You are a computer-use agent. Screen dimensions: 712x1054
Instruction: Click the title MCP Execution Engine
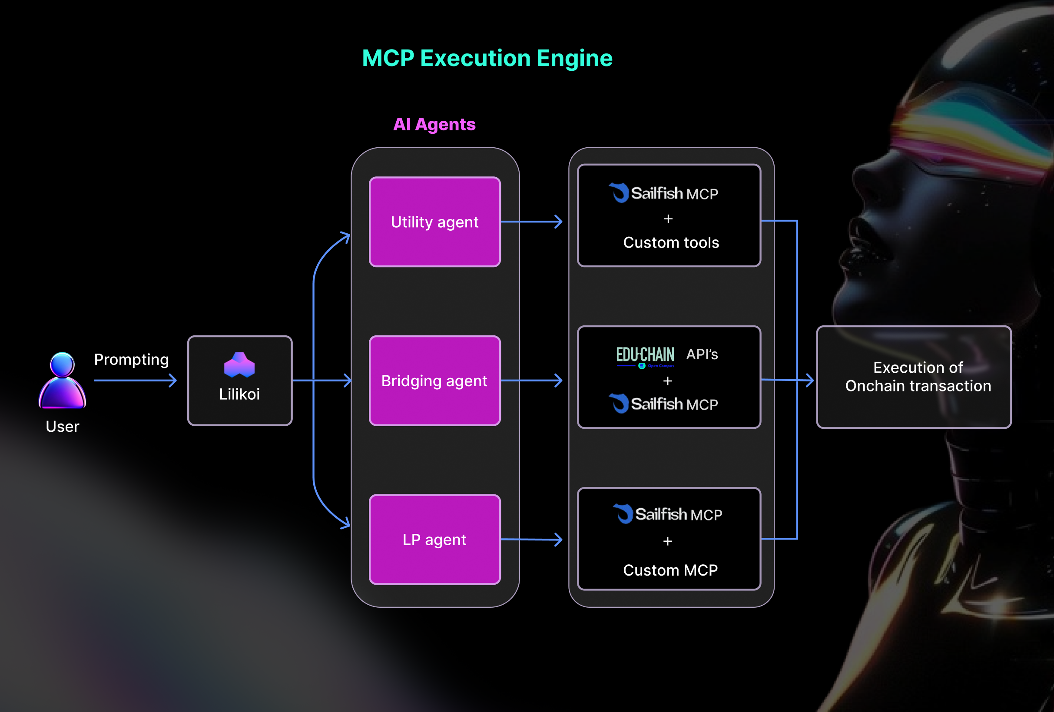[487, 58]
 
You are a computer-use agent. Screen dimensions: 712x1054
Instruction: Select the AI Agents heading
[434, 124]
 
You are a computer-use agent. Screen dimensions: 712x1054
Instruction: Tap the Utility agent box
[434, 222]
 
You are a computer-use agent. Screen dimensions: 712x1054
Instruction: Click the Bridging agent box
[434, 381]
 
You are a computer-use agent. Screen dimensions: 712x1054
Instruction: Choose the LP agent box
[434, 539]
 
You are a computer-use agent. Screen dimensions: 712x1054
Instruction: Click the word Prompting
[132, 359]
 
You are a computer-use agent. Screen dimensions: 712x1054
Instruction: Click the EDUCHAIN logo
[645, 357]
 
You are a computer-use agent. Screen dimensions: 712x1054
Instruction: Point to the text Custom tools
[671, 243]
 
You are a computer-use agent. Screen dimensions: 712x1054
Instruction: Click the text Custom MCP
[670, 570]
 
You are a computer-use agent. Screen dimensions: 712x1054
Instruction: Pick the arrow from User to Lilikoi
[135, 381]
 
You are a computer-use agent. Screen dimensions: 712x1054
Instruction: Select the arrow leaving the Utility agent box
[531, 222]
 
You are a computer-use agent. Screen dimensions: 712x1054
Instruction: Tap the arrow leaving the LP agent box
[531, 539]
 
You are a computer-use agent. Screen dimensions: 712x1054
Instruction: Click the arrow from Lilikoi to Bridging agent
[322, 381]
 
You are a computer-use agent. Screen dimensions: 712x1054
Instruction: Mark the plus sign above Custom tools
[668, 219]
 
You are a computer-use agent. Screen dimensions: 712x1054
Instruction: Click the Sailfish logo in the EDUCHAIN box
[619, 404]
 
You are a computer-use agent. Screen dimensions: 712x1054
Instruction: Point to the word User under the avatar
[63, 426]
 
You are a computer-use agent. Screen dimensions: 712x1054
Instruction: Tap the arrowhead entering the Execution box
[809, 380]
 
